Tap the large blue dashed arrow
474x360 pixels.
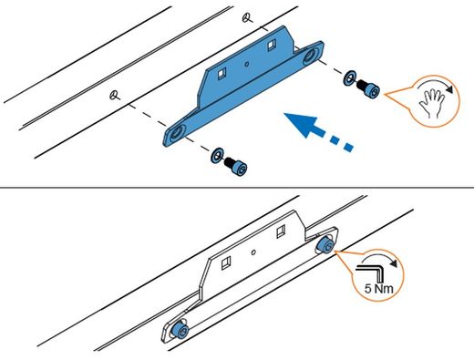point(317,130)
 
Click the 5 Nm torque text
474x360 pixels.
point(379,289)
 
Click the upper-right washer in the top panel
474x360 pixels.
point(350,77)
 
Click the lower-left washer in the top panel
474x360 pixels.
point(217,155)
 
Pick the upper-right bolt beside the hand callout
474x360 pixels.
point(368,88)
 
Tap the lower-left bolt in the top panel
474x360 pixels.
point(236,167)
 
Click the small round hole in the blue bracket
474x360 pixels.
point(247,64)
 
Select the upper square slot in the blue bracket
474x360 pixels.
point(272,46)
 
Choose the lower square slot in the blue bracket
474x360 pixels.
point(222,73)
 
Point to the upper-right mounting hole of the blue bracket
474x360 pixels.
point(310,56)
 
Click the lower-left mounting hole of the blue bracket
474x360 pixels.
point(176,133)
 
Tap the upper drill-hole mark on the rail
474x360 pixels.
point(247,18)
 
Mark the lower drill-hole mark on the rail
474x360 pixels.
point(114,96)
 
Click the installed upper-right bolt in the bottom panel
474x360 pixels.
point(325,245)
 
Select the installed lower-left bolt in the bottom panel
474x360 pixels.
point(180,330)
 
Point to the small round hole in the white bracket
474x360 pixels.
point(253,252)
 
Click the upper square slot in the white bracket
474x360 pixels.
point(281,231)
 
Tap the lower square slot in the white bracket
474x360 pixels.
point(226,262)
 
